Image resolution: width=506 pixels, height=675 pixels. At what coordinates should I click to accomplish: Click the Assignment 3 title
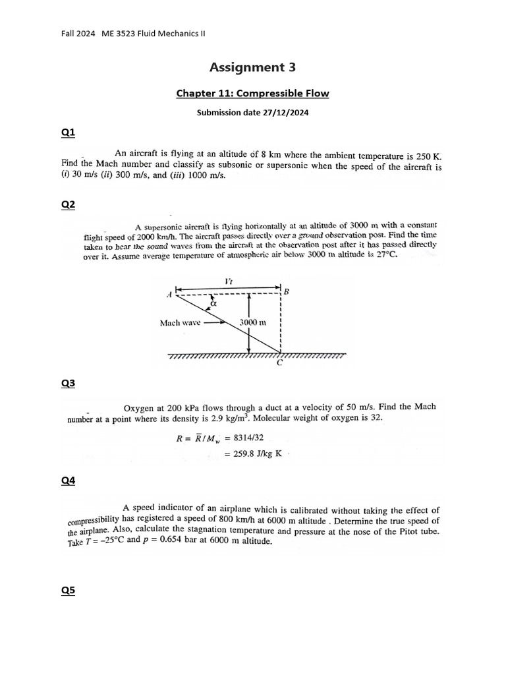252,67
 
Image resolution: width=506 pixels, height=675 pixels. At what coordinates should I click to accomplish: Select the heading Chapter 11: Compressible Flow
252,94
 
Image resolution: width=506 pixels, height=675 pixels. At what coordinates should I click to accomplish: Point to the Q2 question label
69,205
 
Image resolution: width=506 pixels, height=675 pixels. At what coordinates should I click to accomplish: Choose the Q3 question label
69,383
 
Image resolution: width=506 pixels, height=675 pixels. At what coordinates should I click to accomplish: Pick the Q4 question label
69,481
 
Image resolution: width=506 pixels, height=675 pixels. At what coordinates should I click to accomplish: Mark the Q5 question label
69,591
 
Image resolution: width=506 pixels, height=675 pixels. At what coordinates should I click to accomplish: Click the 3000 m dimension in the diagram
252,323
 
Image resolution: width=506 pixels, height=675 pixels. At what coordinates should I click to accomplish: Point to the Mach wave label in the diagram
180,323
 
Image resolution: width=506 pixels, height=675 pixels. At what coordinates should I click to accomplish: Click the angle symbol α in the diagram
213,305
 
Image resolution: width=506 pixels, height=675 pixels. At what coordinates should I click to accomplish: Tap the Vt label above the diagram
228,281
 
